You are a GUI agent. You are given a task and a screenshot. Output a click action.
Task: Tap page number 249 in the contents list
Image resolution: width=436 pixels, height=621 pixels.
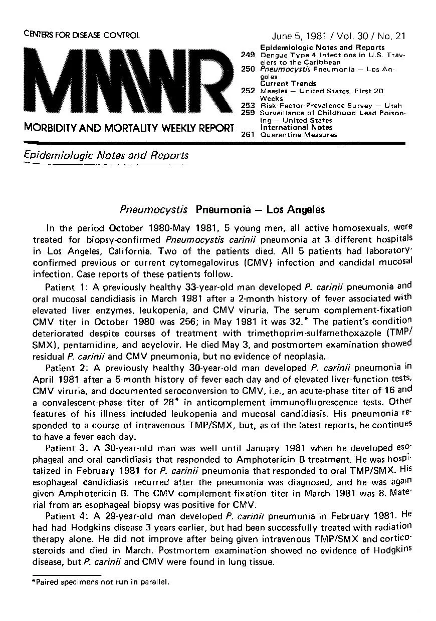249,55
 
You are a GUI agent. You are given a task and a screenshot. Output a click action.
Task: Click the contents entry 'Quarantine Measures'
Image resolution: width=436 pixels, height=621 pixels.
299,134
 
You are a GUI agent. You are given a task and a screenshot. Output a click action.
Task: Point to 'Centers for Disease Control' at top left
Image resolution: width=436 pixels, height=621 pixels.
81,35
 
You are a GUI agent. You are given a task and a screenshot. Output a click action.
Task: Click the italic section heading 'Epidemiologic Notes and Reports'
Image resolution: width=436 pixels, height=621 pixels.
106,155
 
